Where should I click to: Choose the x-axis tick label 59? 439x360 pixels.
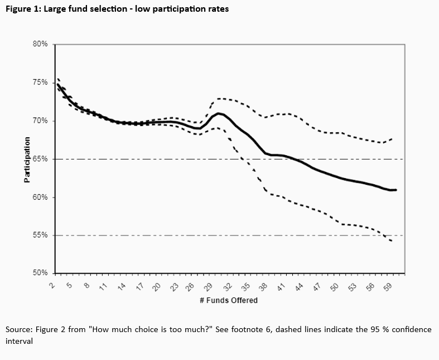[387, 285]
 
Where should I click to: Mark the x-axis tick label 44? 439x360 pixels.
[298, 285]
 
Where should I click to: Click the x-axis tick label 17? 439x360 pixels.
[139, 285]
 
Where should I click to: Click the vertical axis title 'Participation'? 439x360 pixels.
[27, 159]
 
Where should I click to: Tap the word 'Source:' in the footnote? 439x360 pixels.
[20, 329]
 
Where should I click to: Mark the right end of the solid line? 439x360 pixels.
[396, 190]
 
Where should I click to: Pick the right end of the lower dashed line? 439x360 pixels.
[392, 241]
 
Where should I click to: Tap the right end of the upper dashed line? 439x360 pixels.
[393, 138]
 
